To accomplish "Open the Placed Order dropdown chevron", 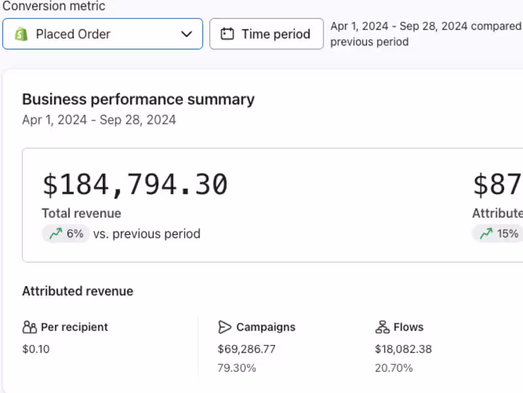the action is pos(186,34).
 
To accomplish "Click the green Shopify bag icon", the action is pos(22,34).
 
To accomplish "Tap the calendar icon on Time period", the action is pos(227,34).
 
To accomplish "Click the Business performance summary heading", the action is pos(138,100).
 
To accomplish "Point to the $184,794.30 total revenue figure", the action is pos(135,184).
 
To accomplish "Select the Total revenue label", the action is pos(81,214).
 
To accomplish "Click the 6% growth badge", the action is pos(66,234).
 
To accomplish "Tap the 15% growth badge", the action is pos(498,234).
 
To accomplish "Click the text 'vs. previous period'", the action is pos(146,234).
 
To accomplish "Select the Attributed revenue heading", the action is pos(78,291).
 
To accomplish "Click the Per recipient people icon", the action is pos(29,327).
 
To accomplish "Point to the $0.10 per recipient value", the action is pos(36,349).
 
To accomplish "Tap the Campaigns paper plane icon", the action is pos(224,327).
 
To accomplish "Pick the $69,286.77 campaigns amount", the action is pos(246,349).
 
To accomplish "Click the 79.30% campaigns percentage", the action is pos(237,368).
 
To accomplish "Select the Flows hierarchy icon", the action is pos(382,327).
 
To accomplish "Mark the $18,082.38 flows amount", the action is pos(403,349).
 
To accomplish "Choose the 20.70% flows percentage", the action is pos(394,368).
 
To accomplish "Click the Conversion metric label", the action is pos(54,6).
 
